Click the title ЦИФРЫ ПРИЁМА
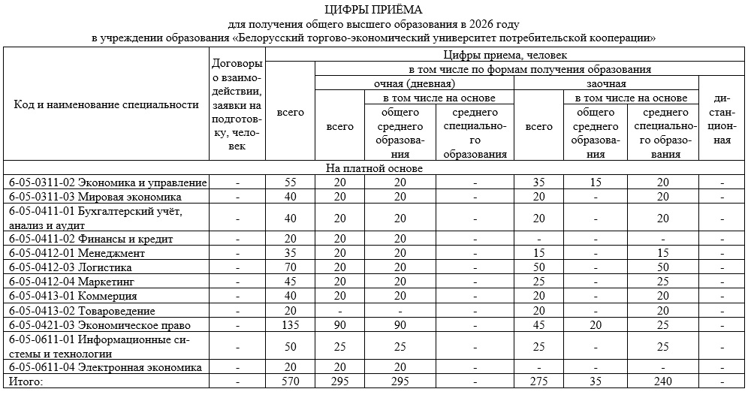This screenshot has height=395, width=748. [x=374, y=9]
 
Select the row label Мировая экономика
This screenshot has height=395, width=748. [x=96, y=196]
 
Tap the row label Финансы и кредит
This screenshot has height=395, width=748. [x=91, y=239]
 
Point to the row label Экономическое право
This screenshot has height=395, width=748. [x=99, y=325]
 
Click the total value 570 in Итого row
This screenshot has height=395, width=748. [x=290, y=382]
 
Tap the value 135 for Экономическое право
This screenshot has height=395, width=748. [x=290, y=325]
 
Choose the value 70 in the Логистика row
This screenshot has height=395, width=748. [x=290, y=267]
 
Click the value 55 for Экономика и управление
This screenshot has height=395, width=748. [x=290, y=182]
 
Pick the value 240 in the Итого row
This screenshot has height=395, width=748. [x=662, y=382]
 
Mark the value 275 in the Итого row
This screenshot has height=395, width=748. [x=538, y=382]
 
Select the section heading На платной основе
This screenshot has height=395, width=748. [x=374, y=168]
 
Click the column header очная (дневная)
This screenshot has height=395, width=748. [x=414, y=83]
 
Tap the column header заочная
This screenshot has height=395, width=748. [x=605, y=83]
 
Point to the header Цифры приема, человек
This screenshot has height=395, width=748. [x=505, y=56]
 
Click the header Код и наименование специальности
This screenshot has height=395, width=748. [x=106, y=104]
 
